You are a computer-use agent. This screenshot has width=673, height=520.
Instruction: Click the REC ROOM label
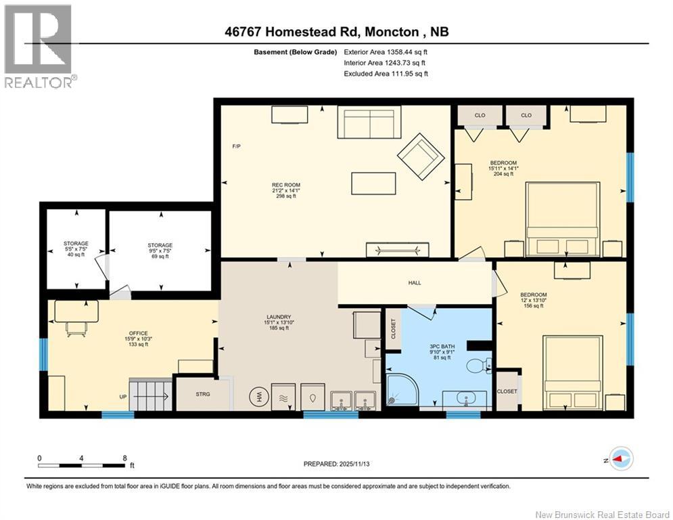tap(286, 185)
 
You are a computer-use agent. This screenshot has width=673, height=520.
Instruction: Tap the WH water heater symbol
tap(258, 397)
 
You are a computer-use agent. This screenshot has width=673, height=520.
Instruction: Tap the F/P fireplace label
tap(236, 147)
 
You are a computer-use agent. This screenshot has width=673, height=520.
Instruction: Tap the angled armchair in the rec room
tap(421, 156)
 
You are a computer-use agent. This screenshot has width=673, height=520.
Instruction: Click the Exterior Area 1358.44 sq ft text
tap(386, 51)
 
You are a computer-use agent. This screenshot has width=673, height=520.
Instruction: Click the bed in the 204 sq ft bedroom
tap(563, 219)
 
